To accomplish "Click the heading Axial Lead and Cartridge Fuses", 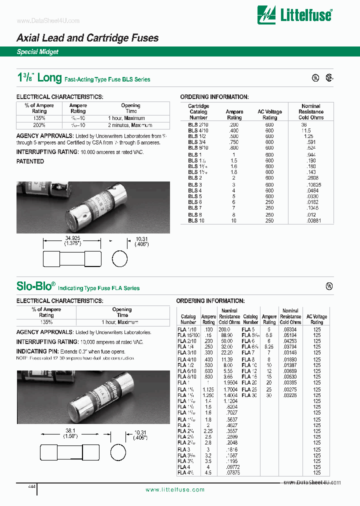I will [87, 38].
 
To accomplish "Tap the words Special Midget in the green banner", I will [37, 51].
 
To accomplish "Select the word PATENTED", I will [30, 161].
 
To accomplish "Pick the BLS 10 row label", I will [196, 220].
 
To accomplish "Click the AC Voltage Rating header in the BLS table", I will [269, 114].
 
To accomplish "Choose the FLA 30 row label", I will [249, 395].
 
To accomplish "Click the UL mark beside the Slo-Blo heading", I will [329, 286].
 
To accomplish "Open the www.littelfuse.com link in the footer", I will [175, 489].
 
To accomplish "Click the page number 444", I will [31, 486].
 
